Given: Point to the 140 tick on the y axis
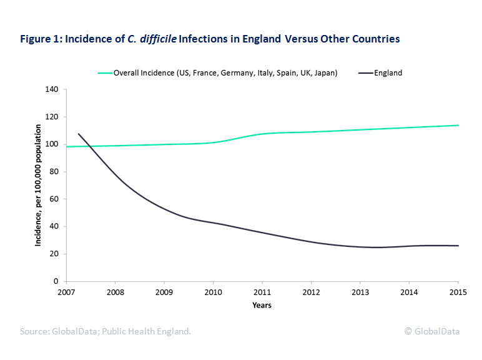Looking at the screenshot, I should (x=52, y=90).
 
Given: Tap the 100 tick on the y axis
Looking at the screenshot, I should (x=52, y=144).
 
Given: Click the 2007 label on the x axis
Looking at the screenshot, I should (x=66, y=292).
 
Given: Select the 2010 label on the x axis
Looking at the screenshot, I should (x=214, y=292).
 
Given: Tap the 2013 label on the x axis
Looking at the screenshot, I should (x=360, y=292).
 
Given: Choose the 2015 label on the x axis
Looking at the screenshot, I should (x=458, y=292).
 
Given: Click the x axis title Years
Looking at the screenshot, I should (x=262, y=306).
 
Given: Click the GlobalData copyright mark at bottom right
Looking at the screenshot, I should (x=432, y=331).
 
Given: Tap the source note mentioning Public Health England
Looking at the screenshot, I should (x=106, y=331).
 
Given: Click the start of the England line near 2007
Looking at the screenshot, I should (x=79, y=134).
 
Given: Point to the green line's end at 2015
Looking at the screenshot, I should (x=458, y=125).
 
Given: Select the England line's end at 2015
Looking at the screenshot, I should (x=458, y=246).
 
